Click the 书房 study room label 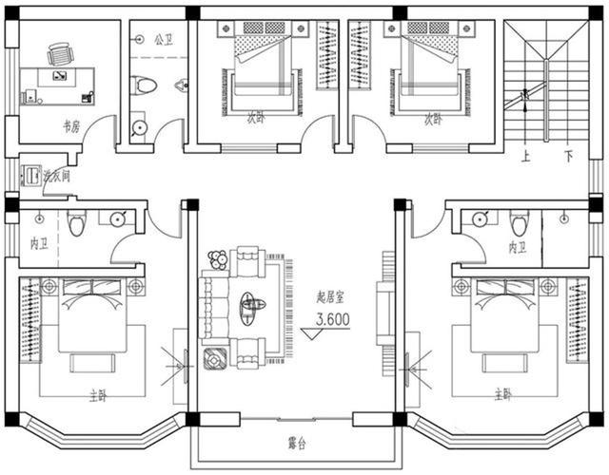(70, 124)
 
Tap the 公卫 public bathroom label (163, 40)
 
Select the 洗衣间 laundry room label (57, 176)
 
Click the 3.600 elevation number (332, 321)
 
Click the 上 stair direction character (525, 155)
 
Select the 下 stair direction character (568, 155)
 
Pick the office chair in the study (59, 54)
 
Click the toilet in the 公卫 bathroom (145, 86)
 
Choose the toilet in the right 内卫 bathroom (519, 223)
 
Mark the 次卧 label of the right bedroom (434, 120)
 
